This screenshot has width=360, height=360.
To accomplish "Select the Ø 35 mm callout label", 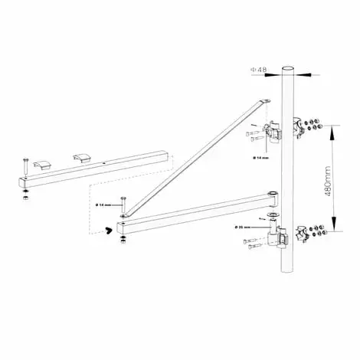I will [x=247, y=227].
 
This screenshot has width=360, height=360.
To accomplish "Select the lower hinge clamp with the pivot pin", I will [x=280, y=240].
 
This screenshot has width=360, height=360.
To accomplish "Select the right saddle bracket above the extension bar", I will [x=80, y=157].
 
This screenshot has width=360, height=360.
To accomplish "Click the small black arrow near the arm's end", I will [x=110, y=229].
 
